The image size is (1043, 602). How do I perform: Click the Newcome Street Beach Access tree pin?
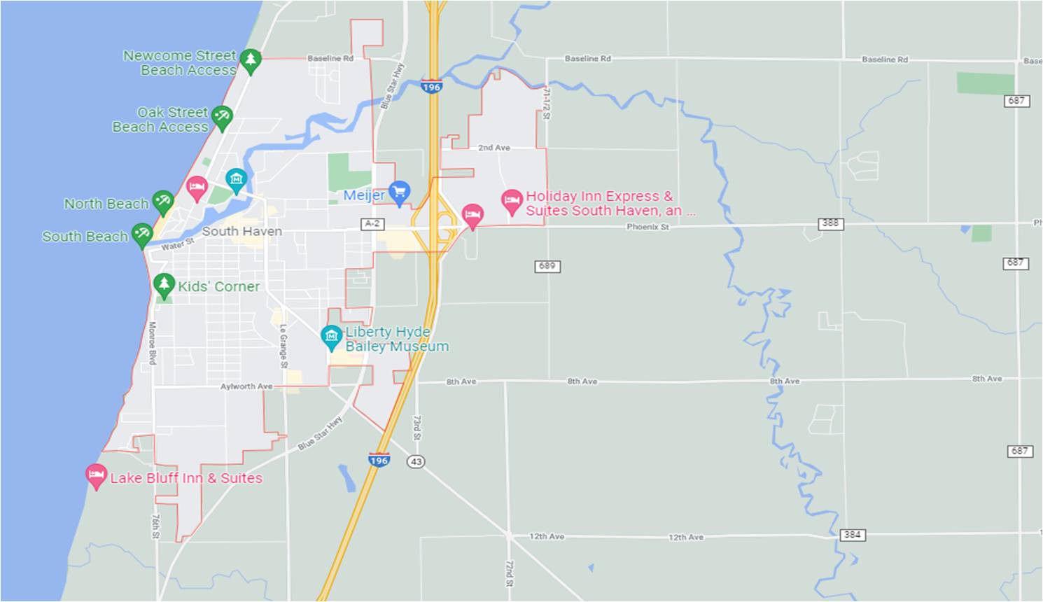coord(250,60)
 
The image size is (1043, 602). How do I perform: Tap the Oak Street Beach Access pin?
coord(222,117)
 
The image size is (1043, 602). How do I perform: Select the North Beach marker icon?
coord(163,202)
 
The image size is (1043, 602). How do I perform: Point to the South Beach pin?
coord(142,234)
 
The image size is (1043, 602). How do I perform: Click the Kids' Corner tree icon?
coord(164,285)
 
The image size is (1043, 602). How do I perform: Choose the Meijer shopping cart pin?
coord(399,192)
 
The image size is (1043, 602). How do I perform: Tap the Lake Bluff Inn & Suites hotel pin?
coord(96,476)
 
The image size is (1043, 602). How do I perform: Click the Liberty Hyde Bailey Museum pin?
coord(331,337)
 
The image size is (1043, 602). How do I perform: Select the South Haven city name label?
coord(241,231)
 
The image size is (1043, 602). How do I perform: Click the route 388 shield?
coord(830,223)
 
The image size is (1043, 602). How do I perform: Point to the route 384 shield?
coord(852,535)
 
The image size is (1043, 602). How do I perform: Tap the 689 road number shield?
coord(547,266)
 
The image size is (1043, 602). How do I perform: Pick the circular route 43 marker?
coord(416,462)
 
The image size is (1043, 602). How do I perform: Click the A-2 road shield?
coord(372,223)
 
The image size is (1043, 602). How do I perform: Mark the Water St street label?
coord(177,244)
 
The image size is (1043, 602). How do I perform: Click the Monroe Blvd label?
coord(152,343)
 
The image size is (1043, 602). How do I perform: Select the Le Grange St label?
coord(283,346)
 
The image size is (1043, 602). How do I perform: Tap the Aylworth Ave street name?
coord(246,386)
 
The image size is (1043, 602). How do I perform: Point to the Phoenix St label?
coord(647,227)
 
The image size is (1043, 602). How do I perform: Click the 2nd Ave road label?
coord(494,148)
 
